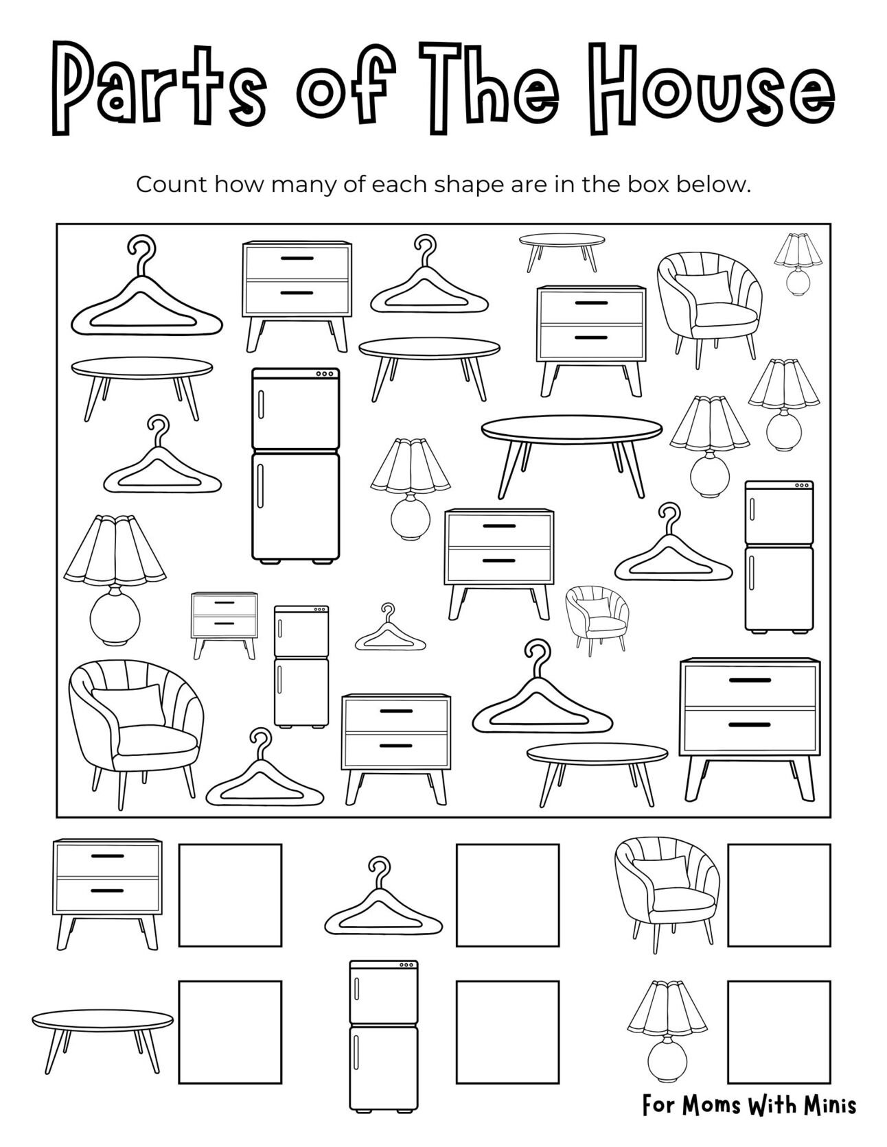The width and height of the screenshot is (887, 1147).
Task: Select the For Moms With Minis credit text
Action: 749,1105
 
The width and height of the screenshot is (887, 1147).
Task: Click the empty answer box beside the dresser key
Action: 230,895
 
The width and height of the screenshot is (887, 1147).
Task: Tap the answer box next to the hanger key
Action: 507,895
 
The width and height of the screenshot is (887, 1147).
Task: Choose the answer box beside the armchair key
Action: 779,895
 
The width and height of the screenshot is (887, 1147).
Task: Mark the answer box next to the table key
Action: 230,1032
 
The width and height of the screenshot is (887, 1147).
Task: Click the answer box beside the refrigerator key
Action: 507,1032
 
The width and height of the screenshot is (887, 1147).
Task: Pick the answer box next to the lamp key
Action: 779,1032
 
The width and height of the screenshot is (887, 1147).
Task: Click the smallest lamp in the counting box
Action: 798,263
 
